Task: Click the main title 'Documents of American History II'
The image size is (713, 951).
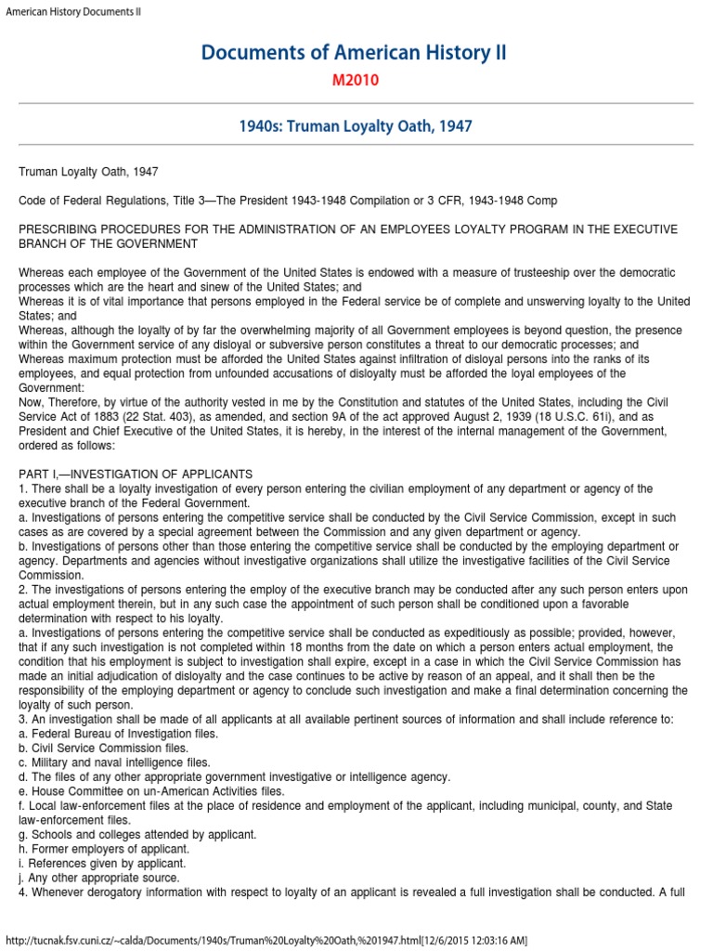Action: click(356, 53)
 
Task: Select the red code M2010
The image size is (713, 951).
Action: click(356, 81)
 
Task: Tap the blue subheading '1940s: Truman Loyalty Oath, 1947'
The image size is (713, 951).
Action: click(356, 125)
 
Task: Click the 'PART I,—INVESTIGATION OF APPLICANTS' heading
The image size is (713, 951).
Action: click(136, 474)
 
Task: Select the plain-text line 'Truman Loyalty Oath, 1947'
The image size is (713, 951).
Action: click(88, 172)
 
